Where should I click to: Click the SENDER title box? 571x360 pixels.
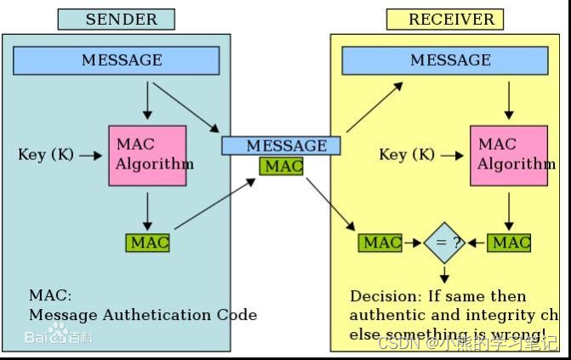pyautogui.click(x=116, y=19)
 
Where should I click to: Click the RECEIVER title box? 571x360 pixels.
pyautogui.click(x=444, y=19)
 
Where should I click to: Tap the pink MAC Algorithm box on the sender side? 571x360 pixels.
pyautogui.click(x=147, y=155)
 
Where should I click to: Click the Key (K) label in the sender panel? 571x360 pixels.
pyautogui.click(x=45, y=155)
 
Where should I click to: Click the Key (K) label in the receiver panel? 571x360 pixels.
pyautogui.click(x=406, y=155)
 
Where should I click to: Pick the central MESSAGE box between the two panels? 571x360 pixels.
pyautogui.click(x=281, y=146)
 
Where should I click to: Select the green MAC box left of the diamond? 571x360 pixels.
pyautogui.click(x=380, y=243)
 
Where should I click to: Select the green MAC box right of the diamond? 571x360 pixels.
pyautogui.click(x=510, y=243)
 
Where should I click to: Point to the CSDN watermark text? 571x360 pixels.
pyautogui.click(x=400, y=343)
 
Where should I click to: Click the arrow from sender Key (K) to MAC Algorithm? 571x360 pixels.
pyautogui.click(x=89, y=155)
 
